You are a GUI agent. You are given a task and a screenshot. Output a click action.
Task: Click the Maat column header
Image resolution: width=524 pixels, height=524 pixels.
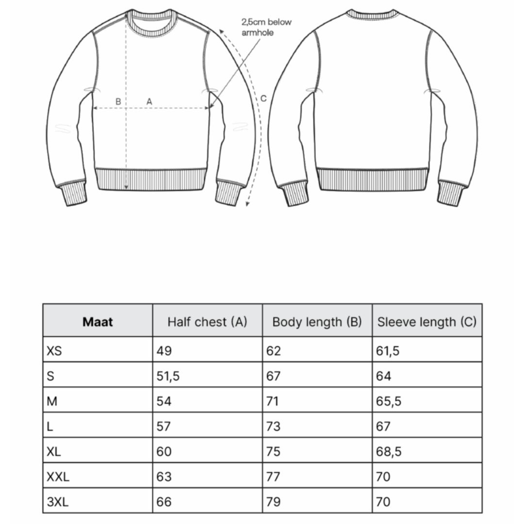click(98, 322)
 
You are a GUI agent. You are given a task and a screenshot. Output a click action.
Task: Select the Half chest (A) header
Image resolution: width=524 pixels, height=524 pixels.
click(207, 322)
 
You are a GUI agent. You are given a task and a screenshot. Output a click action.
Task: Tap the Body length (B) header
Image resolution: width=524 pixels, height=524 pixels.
click(317, 322)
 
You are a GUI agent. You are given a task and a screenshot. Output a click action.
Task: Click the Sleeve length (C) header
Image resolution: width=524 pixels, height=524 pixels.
click(427, 322)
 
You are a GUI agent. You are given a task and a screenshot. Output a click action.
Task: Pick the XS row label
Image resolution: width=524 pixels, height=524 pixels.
click(54, 351)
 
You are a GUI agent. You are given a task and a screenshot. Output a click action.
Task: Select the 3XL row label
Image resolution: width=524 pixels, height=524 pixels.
click(58, 502)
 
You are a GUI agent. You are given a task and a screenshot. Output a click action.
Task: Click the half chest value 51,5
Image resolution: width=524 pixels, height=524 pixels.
click(168, 376)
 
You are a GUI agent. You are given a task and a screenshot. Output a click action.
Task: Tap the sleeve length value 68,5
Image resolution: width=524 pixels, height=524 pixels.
click(389, 451)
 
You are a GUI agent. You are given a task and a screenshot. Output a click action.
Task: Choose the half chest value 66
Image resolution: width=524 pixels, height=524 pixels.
click(164, 502)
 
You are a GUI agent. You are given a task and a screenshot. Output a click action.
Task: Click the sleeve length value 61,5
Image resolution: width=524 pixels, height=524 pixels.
click(388, 351)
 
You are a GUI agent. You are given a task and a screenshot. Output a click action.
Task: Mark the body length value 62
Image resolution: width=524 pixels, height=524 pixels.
click(274, 351)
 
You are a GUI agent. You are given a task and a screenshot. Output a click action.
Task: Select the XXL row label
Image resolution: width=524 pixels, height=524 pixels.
click(58, 476)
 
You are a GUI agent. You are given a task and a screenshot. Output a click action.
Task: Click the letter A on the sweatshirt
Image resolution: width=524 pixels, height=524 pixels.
click(149, 101)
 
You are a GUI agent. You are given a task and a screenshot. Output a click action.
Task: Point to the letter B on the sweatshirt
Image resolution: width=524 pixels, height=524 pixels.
click(118, 101)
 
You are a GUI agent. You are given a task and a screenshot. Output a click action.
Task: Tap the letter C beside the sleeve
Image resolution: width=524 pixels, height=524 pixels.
click(263, 98)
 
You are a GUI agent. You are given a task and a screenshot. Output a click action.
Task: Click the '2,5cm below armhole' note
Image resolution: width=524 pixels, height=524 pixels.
click(266, 28)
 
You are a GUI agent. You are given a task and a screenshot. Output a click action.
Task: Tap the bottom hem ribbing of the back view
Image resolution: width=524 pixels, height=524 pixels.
click(373, 180)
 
